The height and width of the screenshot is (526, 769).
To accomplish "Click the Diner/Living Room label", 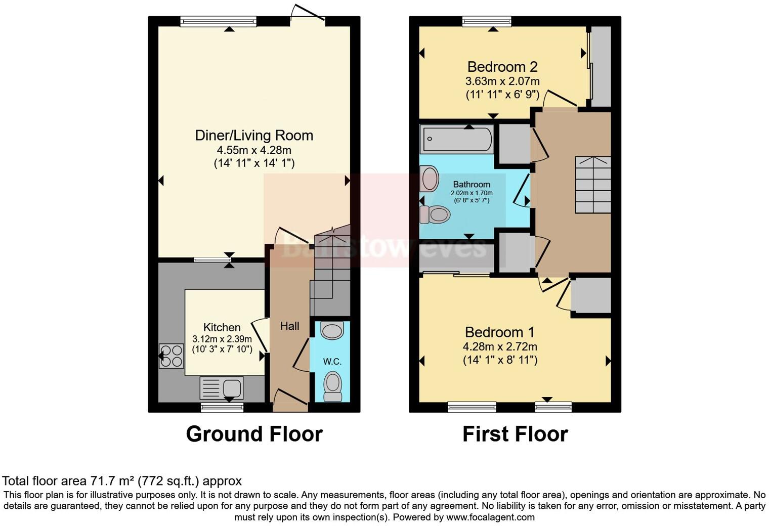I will pos(254,136).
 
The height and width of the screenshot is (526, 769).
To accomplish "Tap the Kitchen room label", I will pos(222,327).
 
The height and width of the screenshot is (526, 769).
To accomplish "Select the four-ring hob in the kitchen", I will pos(171,356).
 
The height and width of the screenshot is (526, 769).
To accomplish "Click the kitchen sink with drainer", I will pos(222,388).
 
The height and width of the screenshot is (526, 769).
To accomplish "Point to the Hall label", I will pos(289,326).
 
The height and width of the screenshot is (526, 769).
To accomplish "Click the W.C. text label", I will pos(332,362).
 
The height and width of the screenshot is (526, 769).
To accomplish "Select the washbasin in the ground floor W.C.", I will pos(332,331).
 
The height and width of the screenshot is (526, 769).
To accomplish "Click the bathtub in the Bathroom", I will pos(456,140).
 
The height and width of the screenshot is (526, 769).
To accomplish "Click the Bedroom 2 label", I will pos(502,67).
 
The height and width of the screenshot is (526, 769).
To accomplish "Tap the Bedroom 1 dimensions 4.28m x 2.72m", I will pos(499,347).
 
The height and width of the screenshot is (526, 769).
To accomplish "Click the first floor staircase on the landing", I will pos(592,185).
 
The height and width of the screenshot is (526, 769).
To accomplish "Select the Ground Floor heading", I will pos(254,434).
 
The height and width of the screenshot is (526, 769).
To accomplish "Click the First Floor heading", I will pos(515,434).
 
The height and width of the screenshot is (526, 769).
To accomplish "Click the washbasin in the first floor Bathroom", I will pos(430,179).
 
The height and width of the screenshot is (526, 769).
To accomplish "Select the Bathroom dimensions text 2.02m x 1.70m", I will pos(471,193).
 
